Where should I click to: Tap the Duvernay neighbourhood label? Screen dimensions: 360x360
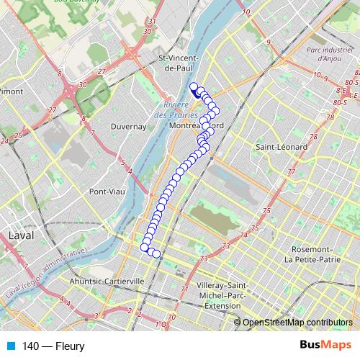(129, 126)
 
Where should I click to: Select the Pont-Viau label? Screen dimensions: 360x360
(107, 192)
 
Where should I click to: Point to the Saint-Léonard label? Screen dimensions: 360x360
(282, 147)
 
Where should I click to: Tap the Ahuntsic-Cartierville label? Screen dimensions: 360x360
(107, 281)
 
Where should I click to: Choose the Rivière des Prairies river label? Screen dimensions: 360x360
(171, 110)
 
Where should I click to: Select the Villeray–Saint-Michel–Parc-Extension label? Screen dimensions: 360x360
(230, 297)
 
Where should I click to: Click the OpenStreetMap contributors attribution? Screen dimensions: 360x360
(297, 323)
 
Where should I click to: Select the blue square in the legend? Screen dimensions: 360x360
(9, 346)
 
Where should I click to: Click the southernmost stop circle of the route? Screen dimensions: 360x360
(156, 254)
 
